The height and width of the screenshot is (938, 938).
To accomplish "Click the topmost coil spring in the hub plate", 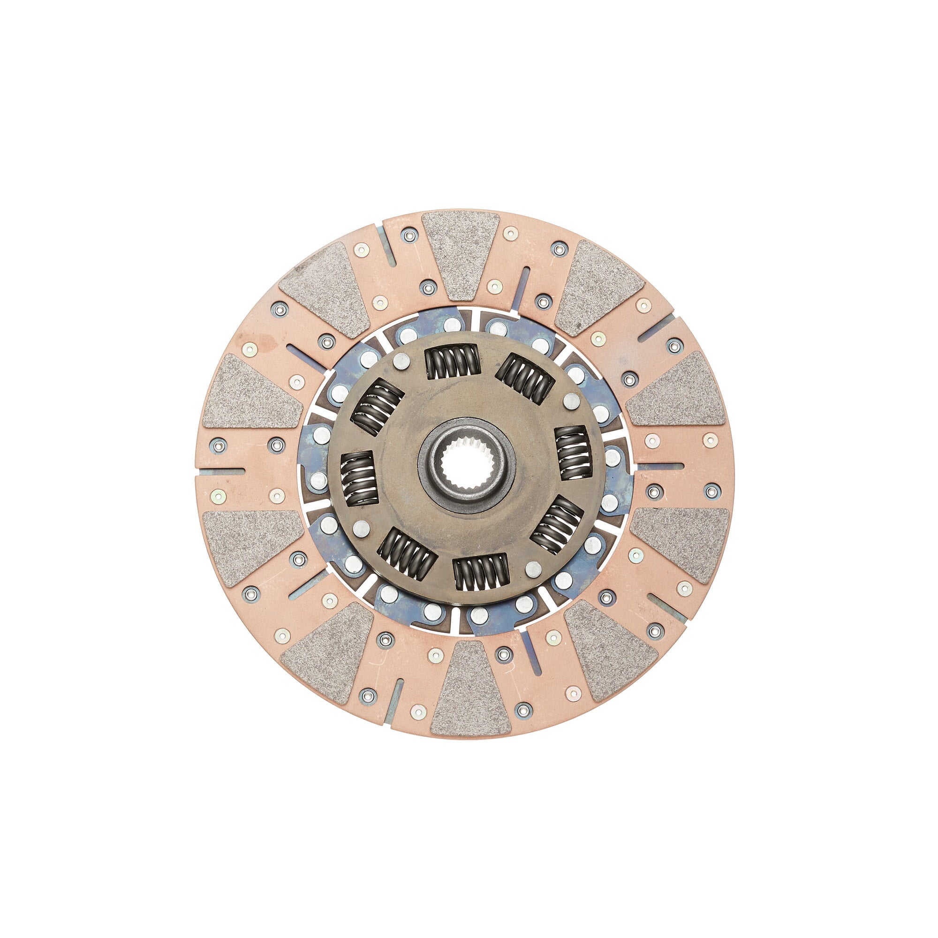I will pyautogui.click(x=452, y=362).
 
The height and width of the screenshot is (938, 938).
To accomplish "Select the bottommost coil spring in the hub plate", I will pyautogui.click(x=480, y=574).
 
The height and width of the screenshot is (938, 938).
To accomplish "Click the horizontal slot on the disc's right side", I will pyautogui.click(x=659, y=466).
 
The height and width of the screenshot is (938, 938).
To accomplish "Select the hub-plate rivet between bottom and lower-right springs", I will pyautogui.click(x=533, y=567).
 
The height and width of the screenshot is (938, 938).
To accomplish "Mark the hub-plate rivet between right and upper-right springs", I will pyautogui.click(x=570, y=401).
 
